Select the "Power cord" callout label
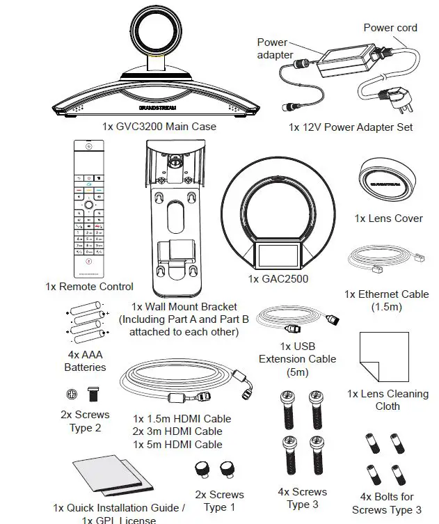[390, 28]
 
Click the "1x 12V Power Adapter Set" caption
[351, 127]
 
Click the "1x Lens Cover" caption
[388, 218]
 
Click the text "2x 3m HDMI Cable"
[178, 431]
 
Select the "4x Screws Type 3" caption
[302, 498]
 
